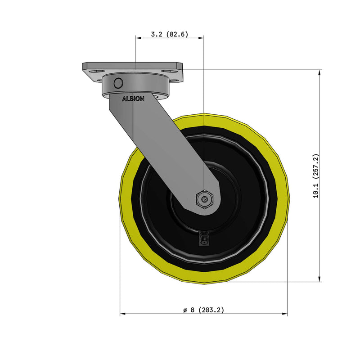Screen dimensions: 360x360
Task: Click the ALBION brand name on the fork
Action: point(133,99)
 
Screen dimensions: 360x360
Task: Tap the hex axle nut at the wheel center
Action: point(205,199)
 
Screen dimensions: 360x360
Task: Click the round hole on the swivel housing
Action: point(118,83)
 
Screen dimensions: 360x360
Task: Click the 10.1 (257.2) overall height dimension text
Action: point(316,176)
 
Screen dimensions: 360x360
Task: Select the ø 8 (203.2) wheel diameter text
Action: point(203,310)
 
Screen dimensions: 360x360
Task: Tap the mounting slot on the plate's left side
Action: point(96,71)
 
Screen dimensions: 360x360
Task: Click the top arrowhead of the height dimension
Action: point(319,72)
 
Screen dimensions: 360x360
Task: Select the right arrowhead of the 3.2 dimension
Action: point(202,38)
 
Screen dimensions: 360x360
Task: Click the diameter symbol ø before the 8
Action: point(185,310)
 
